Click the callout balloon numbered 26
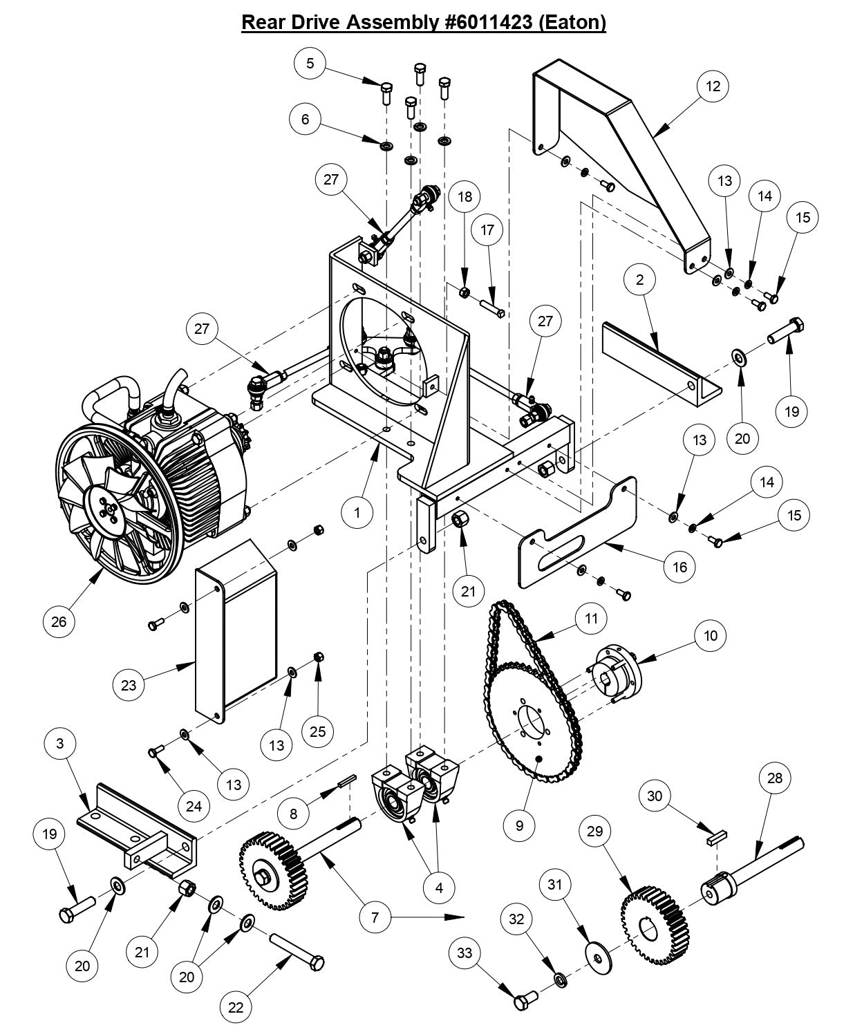pyautogui.click(x=59, y=621)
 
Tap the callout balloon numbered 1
pyautogui.click(x=357, y=512)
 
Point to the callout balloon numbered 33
pyautogui.click(x=465, y=953)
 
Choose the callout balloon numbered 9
pyautogui.click(x=520, y=824)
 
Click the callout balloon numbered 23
pyautogui.click(x=129, y=686)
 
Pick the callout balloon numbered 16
pyautogui.click(x=679, y=566)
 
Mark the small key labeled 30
pyautogui.click(x=714, y=838)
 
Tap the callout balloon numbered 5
pyautogui.click(x=310, y=63)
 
